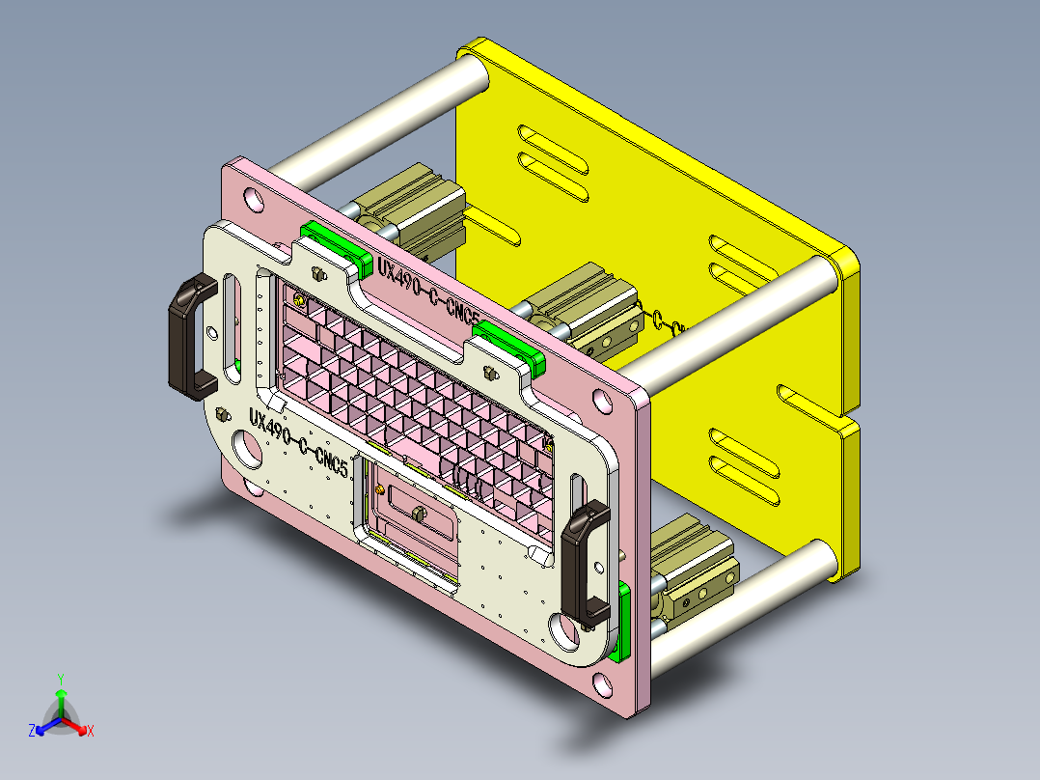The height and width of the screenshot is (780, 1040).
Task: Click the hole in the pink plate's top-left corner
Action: pyautogui.click(x=253, y=200)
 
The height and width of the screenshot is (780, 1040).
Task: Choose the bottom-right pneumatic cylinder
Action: pyautogui.click(x=697, y=570)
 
